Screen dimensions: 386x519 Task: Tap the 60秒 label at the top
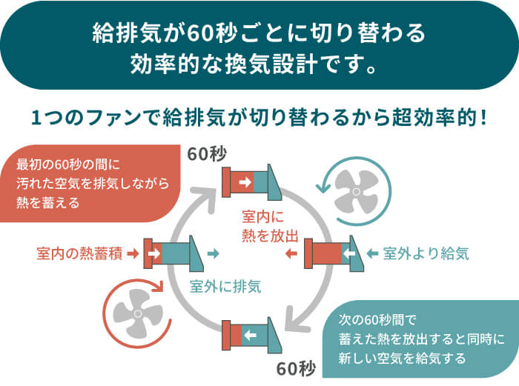207,154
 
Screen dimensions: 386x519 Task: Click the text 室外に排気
225,284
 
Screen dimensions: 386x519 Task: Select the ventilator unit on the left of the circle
173,253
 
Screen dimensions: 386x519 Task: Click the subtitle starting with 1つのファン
259,117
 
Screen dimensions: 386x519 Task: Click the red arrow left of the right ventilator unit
291,254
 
